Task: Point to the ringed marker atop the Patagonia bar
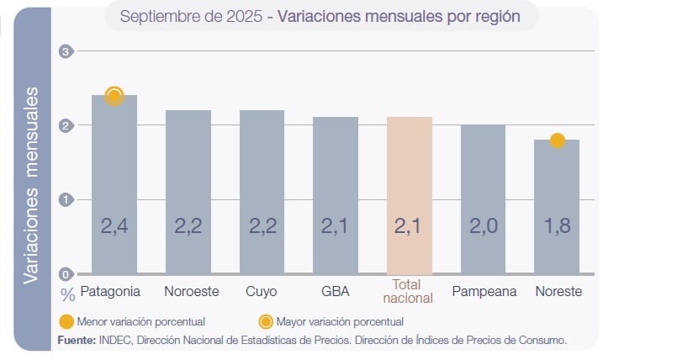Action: (114, 96)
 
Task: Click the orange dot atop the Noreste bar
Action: (557, 140)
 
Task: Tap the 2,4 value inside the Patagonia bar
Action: (114, 226)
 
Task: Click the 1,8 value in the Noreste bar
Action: (557, 226)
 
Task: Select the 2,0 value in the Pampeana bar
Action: (483, 226)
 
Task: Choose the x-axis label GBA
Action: (336, 292)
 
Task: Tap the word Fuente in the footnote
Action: (76, 341)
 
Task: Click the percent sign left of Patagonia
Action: (67, 294)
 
